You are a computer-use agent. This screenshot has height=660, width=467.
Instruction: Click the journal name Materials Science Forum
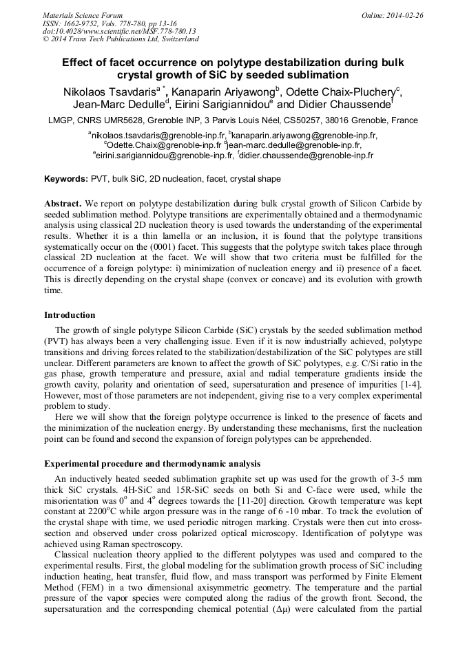(83, 15)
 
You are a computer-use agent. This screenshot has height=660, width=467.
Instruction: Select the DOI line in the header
(119, 31)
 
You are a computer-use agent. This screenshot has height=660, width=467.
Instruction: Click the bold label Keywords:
(66, 179)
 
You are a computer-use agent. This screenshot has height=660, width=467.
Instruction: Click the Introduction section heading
(70, 315)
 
